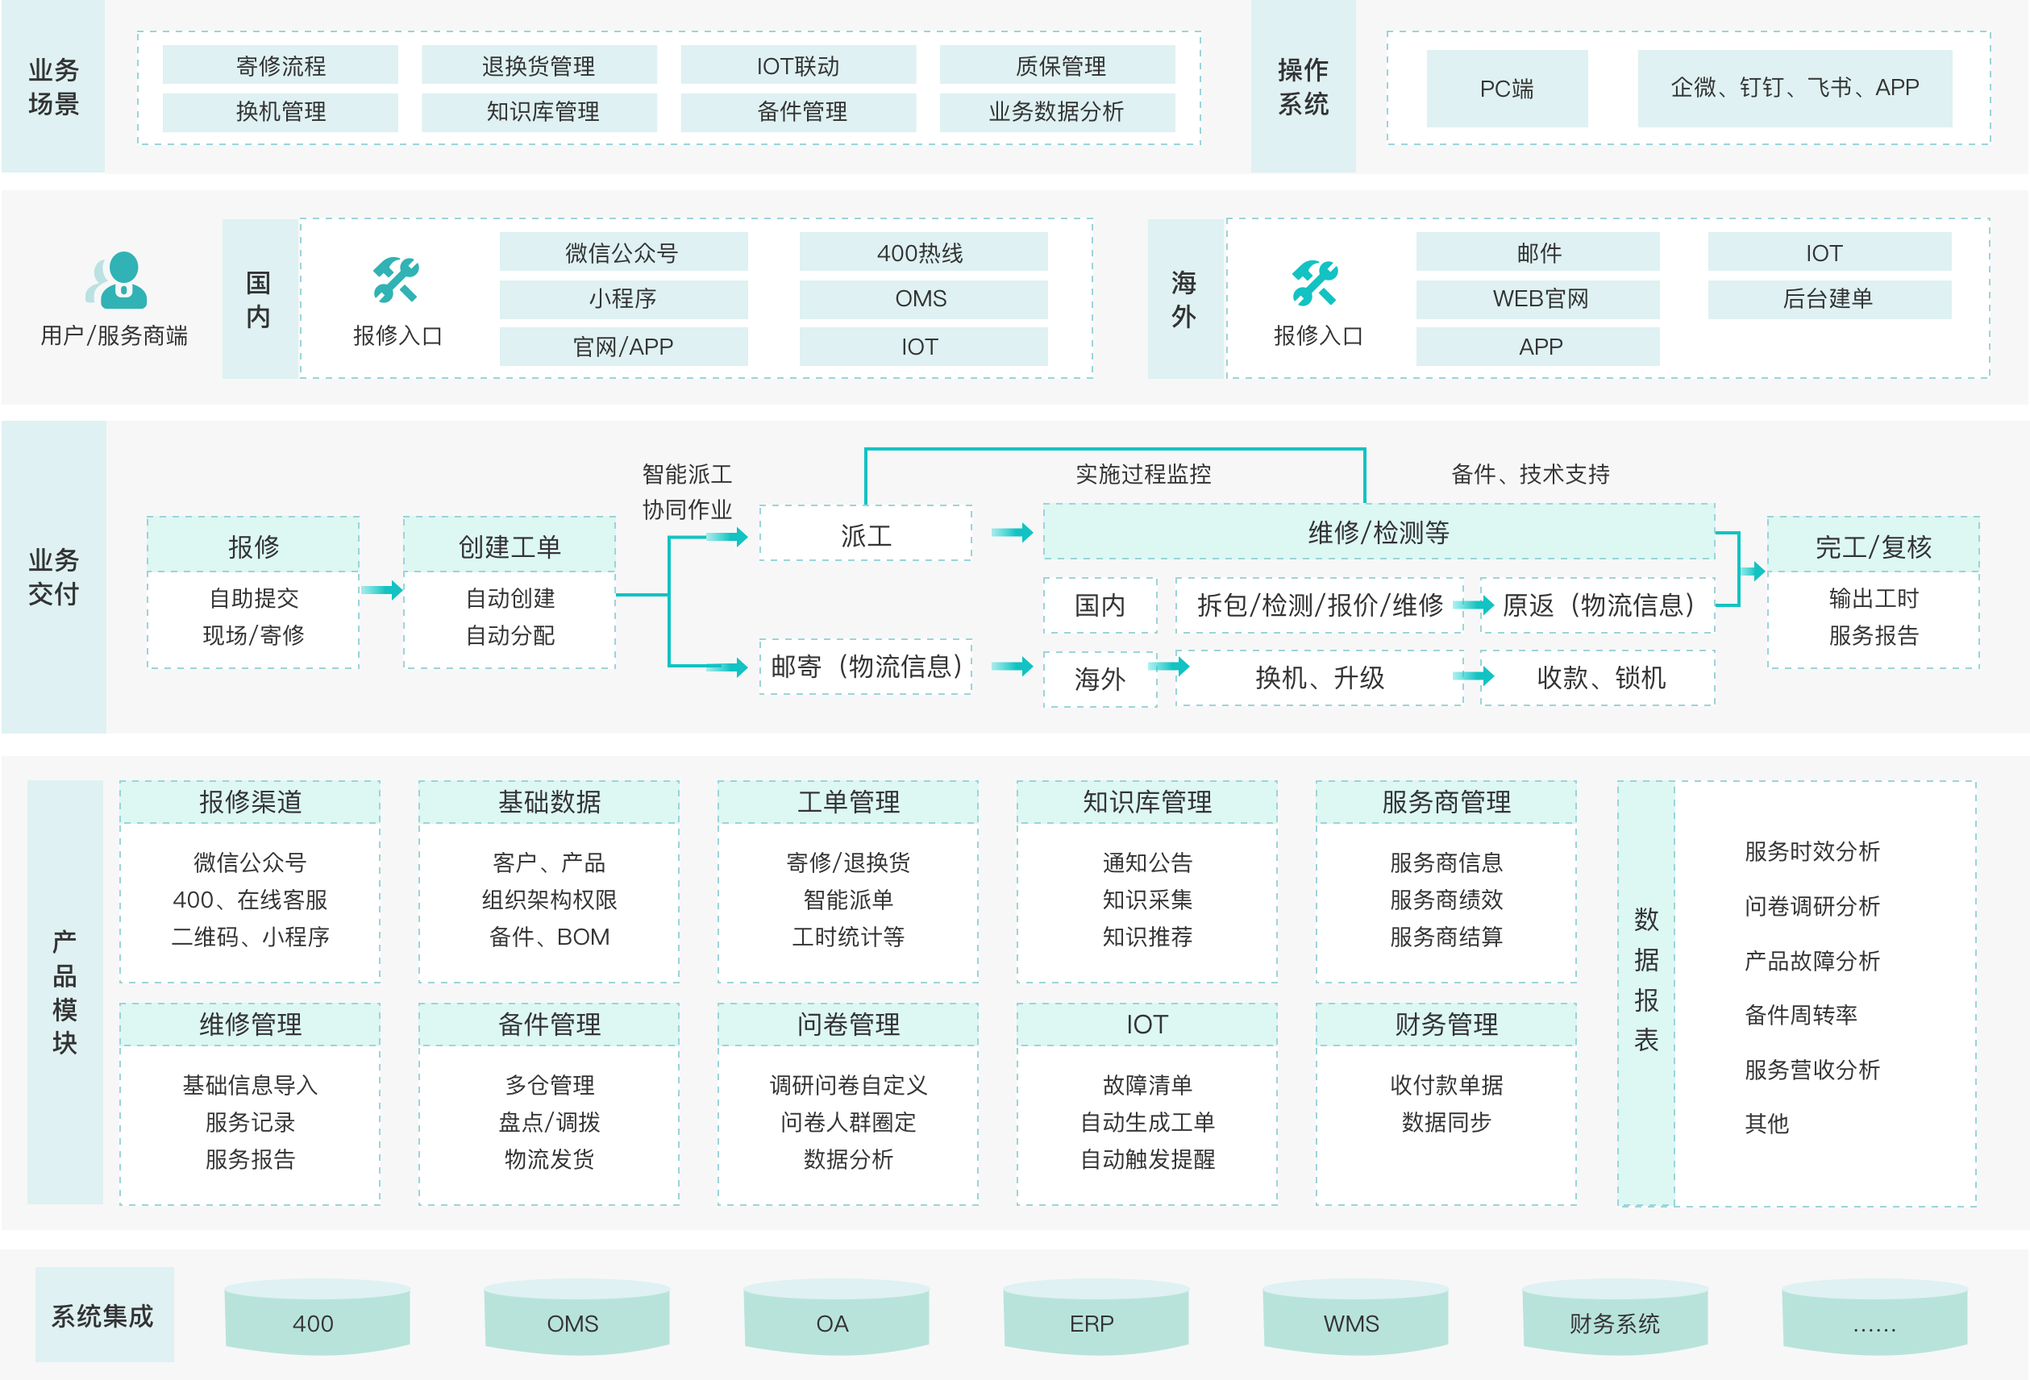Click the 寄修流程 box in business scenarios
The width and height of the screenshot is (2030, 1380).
280,65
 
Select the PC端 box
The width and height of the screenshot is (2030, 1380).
1506,88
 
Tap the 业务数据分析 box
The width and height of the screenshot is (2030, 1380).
1056,112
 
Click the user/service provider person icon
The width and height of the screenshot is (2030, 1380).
118,281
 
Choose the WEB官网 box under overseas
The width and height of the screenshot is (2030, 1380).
1539,299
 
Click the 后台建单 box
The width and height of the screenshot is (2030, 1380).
1828,299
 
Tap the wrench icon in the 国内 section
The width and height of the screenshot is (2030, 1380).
396,281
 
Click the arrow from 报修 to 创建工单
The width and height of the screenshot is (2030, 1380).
381,590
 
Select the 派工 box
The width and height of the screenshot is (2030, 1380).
865,534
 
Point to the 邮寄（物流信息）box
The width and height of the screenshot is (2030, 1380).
865,667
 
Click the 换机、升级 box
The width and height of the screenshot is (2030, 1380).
1319,677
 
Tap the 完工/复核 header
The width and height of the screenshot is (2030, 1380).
1873,547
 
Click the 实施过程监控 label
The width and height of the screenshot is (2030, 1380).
1142,474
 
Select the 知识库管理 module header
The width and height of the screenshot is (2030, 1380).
1146,802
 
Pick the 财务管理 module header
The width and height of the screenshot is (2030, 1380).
1446,1024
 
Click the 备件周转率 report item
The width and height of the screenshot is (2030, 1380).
1800,1014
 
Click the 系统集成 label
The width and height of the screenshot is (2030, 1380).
103,1315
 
